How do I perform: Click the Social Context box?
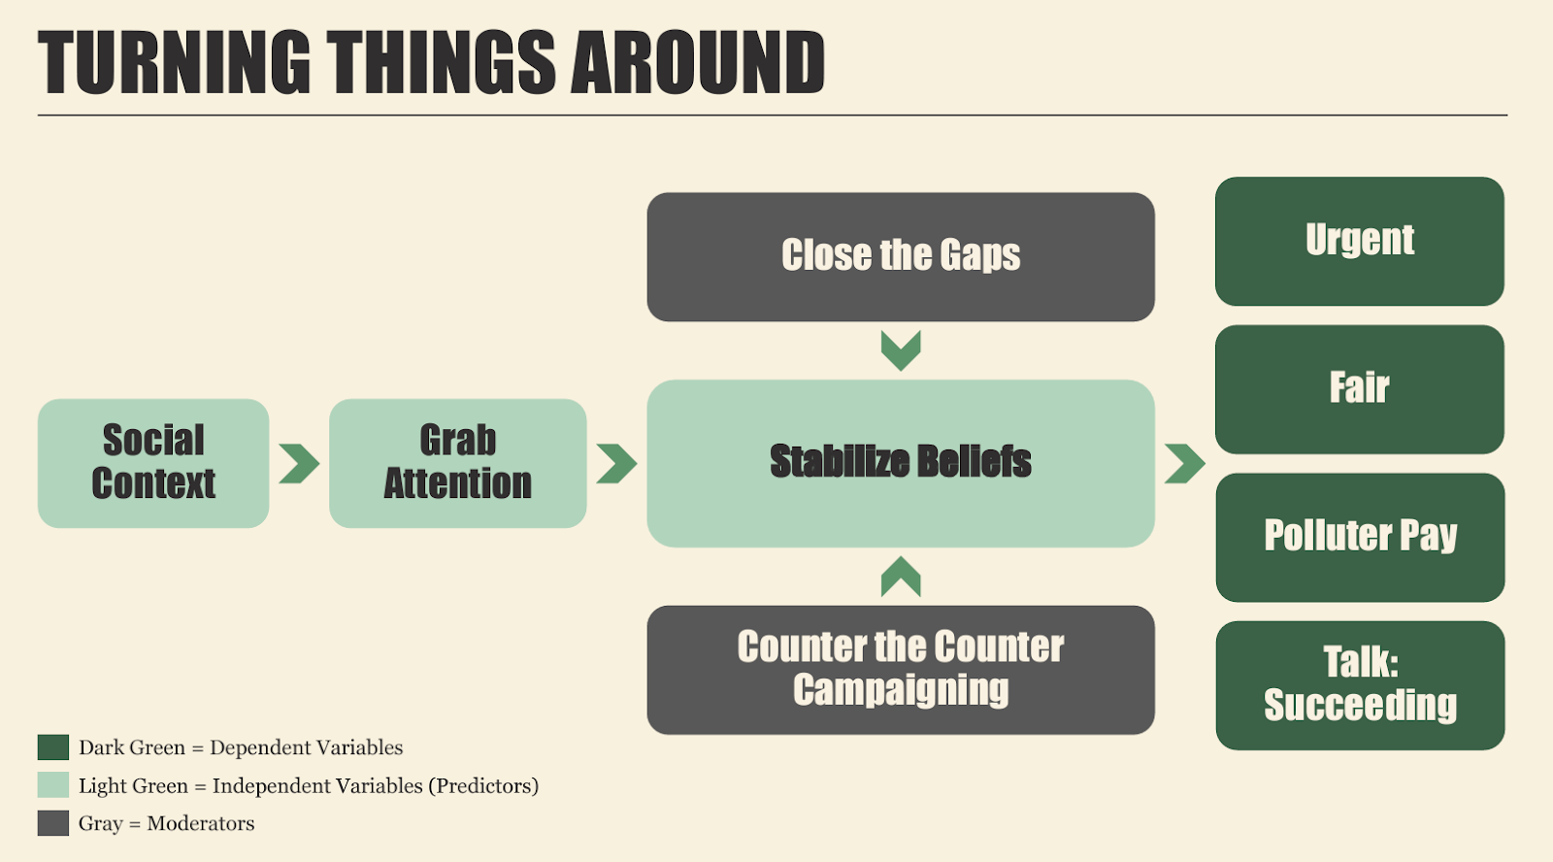tap(153, 463)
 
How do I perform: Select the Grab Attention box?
tap(457, 463)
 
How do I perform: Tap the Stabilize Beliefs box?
tap(901, 463)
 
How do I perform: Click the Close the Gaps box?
tap(901, 256)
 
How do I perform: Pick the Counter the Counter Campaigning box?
tap(901, 670)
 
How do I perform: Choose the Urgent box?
tap(1360, 242)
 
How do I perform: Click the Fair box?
tap(1360, 389)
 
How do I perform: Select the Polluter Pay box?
tap(1360, 538)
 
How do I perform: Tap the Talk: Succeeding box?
tap(1360, 685)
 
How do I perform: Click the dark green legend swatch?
tap(53, 747)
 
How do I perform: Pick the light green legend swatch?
tap(53, 785)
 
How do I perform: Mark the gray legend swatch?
tap(53, 823)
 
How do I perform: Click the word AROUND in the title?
tap(698, 62)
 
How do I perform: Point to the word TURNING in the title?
tap(174, 62)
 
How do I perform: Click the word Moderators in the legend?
tap(200, 823)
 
